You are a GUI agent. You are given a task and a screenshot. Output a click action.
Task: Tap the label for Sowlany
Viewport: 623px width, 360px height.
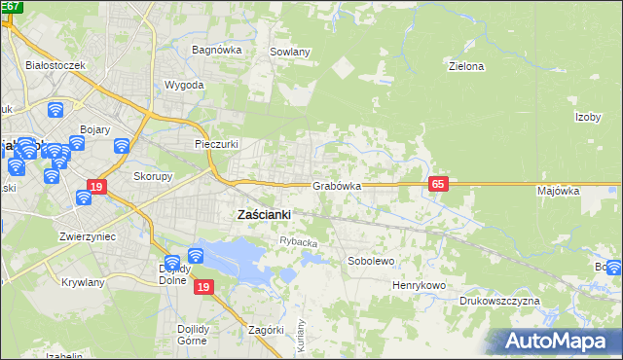(x=289, y=52)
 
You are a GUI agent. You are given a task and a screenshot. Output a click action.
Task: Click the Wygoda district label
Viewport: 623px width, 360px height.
(x=184, y=85)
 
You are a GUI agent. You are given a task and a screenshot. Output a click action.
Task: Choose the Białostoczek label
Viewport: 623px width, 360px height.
(x=57, y=64)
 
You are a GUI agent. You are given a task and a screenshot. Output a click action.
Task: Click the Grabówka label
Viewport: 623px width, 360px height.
(x=337, y=185)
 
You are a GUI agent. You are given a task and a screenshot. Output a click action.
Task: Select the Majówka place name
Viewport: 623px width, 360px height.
(x=558, y=191)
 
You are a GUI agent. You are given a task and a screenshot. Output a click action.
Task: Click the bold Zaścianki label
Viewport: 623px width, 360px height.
(x=265, y=214)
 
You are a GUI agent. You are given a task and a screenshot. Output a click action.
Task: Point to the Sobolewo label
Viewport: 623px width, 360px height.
(x=371, y=261)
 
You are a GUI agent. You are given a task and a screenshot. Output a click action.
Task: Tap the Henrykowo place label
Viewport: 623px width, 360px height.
(x=419, y=285)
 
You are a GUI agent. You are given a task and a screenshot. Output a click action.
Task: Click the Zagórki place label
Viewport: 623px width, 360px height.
(x=266, y=330)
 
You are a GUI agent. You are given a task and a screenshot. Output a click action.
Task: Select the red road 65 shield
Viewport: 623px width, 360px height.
(x=437, y=184)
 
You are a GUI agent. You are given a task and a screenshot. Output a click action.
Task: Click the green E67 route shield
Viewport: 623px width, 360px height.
(x=13, y=6)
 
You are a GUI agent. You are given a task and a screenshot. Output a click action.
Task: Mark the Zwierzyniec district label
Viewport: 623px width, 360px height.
(x=88, y=235)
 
